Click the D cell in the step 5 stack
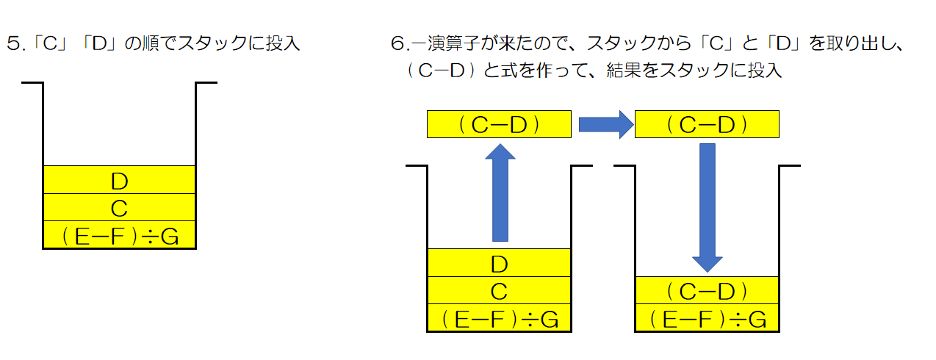(x=119, y=180)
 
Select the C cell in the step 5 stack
(x=119, y=208)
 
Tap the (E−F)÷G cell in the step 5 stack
(x=119, y=235)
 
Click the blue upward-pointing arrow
(x=500, y=192)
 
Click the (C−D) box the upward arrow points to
(x=499, y=124)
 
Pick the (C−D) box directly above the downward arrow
(x=707, y=124)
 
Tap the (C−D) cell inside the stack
(x=707, y=291)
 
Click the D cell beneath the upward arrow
(x=499, y=263)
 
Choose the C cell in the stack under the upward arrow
(x=499, y=291)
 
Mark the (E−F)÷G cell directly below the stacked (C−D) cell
(x=707, y=319)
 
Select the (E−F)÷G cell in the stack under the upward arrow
(x=499, y=319)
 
